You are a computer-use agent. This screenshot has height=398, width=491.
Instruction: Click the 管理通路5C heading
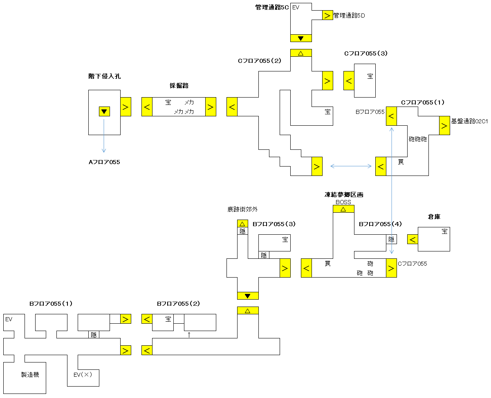272,7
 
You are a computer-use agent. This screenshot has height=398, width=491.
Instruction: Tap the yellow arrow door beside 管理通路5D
327,15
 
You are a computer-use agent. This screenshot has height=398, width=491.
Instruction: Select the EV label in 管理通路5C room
296,7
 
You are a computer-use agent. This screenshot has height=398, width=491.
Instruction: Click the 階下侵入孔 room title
104,76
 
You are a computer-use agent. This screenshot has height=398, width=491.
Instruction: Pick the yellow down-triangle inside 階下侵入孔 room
104,111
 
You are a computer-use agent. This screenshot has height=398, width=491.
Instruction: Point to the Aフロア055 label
104,162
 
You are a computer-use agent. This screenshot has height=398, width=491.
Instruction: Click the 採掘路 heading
179,86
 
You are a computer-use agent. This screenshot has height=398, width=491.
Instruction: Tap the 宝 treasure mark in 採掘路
168,102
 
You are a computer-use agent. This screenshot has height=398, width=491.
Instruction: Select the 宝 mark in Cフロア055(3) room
370,76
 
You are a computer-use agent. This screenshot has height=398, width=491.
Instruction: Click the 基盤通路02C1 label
469,121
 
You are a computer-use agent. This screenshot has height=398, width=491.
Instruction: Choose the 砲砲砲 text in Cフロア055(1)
417,139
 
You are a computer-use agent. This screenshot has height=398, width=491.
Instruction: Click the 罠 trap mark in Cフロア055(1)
401,162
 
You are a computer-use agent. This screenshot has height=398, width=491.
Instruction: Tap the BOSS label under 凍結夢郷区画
343,202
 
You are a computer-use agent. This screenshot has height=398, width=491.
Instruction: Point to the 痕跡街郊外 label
242,209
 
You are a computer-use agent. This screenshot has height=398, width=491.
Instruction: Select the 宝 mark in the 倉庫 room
444,231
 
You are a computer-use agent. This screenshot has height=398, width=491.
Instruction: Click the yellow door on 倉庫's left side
413,239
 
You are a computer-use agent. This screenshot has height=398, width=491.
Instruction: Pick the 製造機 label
30,374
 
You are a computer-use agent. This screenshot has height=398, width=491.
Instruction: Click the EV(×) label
83,375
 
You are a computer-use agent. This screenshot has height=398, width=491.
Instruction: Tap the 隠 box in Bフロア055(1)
94,335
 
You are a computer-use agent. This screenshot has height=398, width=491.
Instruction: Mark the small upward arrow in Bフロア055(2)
189,335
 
